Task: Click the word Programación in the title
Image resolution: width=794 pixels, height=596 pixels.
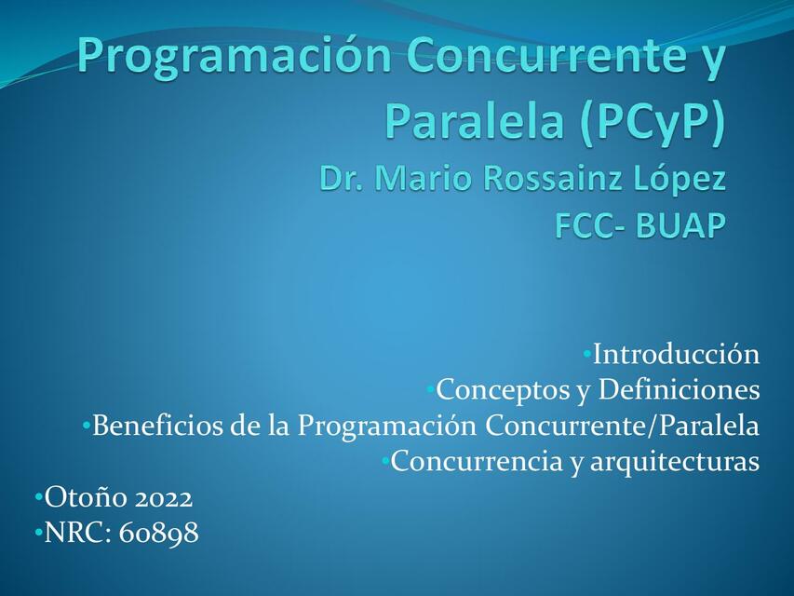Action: (236, 56)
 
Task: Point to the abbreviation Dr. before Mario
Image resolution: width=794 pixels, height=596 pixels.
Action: (342, 178)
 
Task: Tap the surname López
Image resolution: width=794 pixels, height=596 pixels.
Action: (680, 178)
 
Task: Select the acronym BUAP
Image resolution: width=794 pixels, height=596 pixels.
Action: (680, 226)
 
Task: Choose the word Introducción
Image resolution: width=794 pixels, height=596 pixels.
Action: (677, 355)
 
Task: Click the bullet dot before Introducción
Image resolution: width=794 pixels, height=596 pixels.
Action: (587, 354)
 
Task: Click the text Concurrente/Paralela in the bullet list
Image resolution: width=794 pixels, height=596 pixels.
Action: (623, 427)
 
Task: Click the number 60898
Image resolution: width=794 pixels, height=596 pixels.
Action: (159, 534)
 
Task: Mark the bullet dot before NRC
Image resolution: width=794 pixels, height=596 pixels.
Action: (38, 533)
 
